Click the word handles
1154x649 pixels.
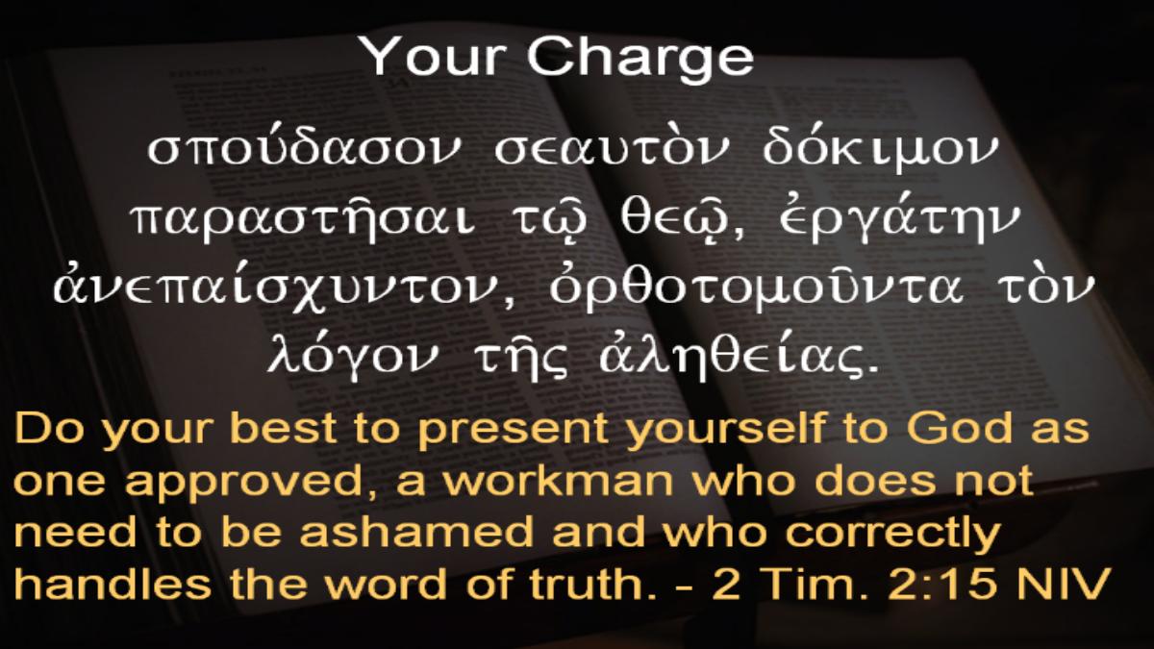click(x=113, y=583)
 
